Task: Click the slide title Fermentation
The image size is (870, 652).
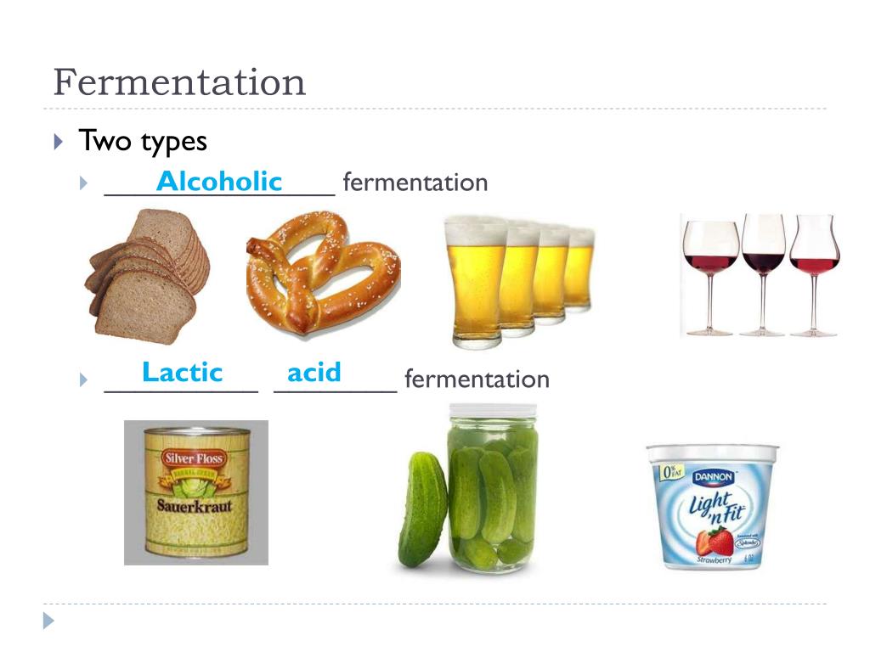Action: (179, 83)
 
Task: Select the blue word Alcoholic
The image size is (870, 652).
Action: (219, 182)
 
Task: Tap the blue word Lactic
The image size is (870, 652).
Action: (182, 373)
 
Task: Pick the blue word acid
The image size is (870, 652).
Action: (314, 373)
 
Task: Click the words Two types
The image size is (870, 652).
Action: (143, 141)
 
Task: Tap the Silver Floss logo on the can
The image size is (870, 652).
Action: (195, 458)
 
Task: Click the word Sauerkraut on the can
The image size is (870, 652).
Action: (195, 508)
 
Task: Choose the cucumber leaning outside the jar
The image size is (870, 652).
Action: (421, 509)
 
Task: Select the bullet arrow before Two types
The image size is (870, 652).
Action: (58, 141)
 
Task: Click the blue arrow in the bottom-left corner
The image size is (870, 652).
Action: (48, 621)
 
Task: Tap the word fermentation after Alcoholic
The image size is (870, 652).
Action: (415, 183)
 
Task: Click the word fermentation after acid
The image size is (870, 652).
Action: (477, 379)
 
